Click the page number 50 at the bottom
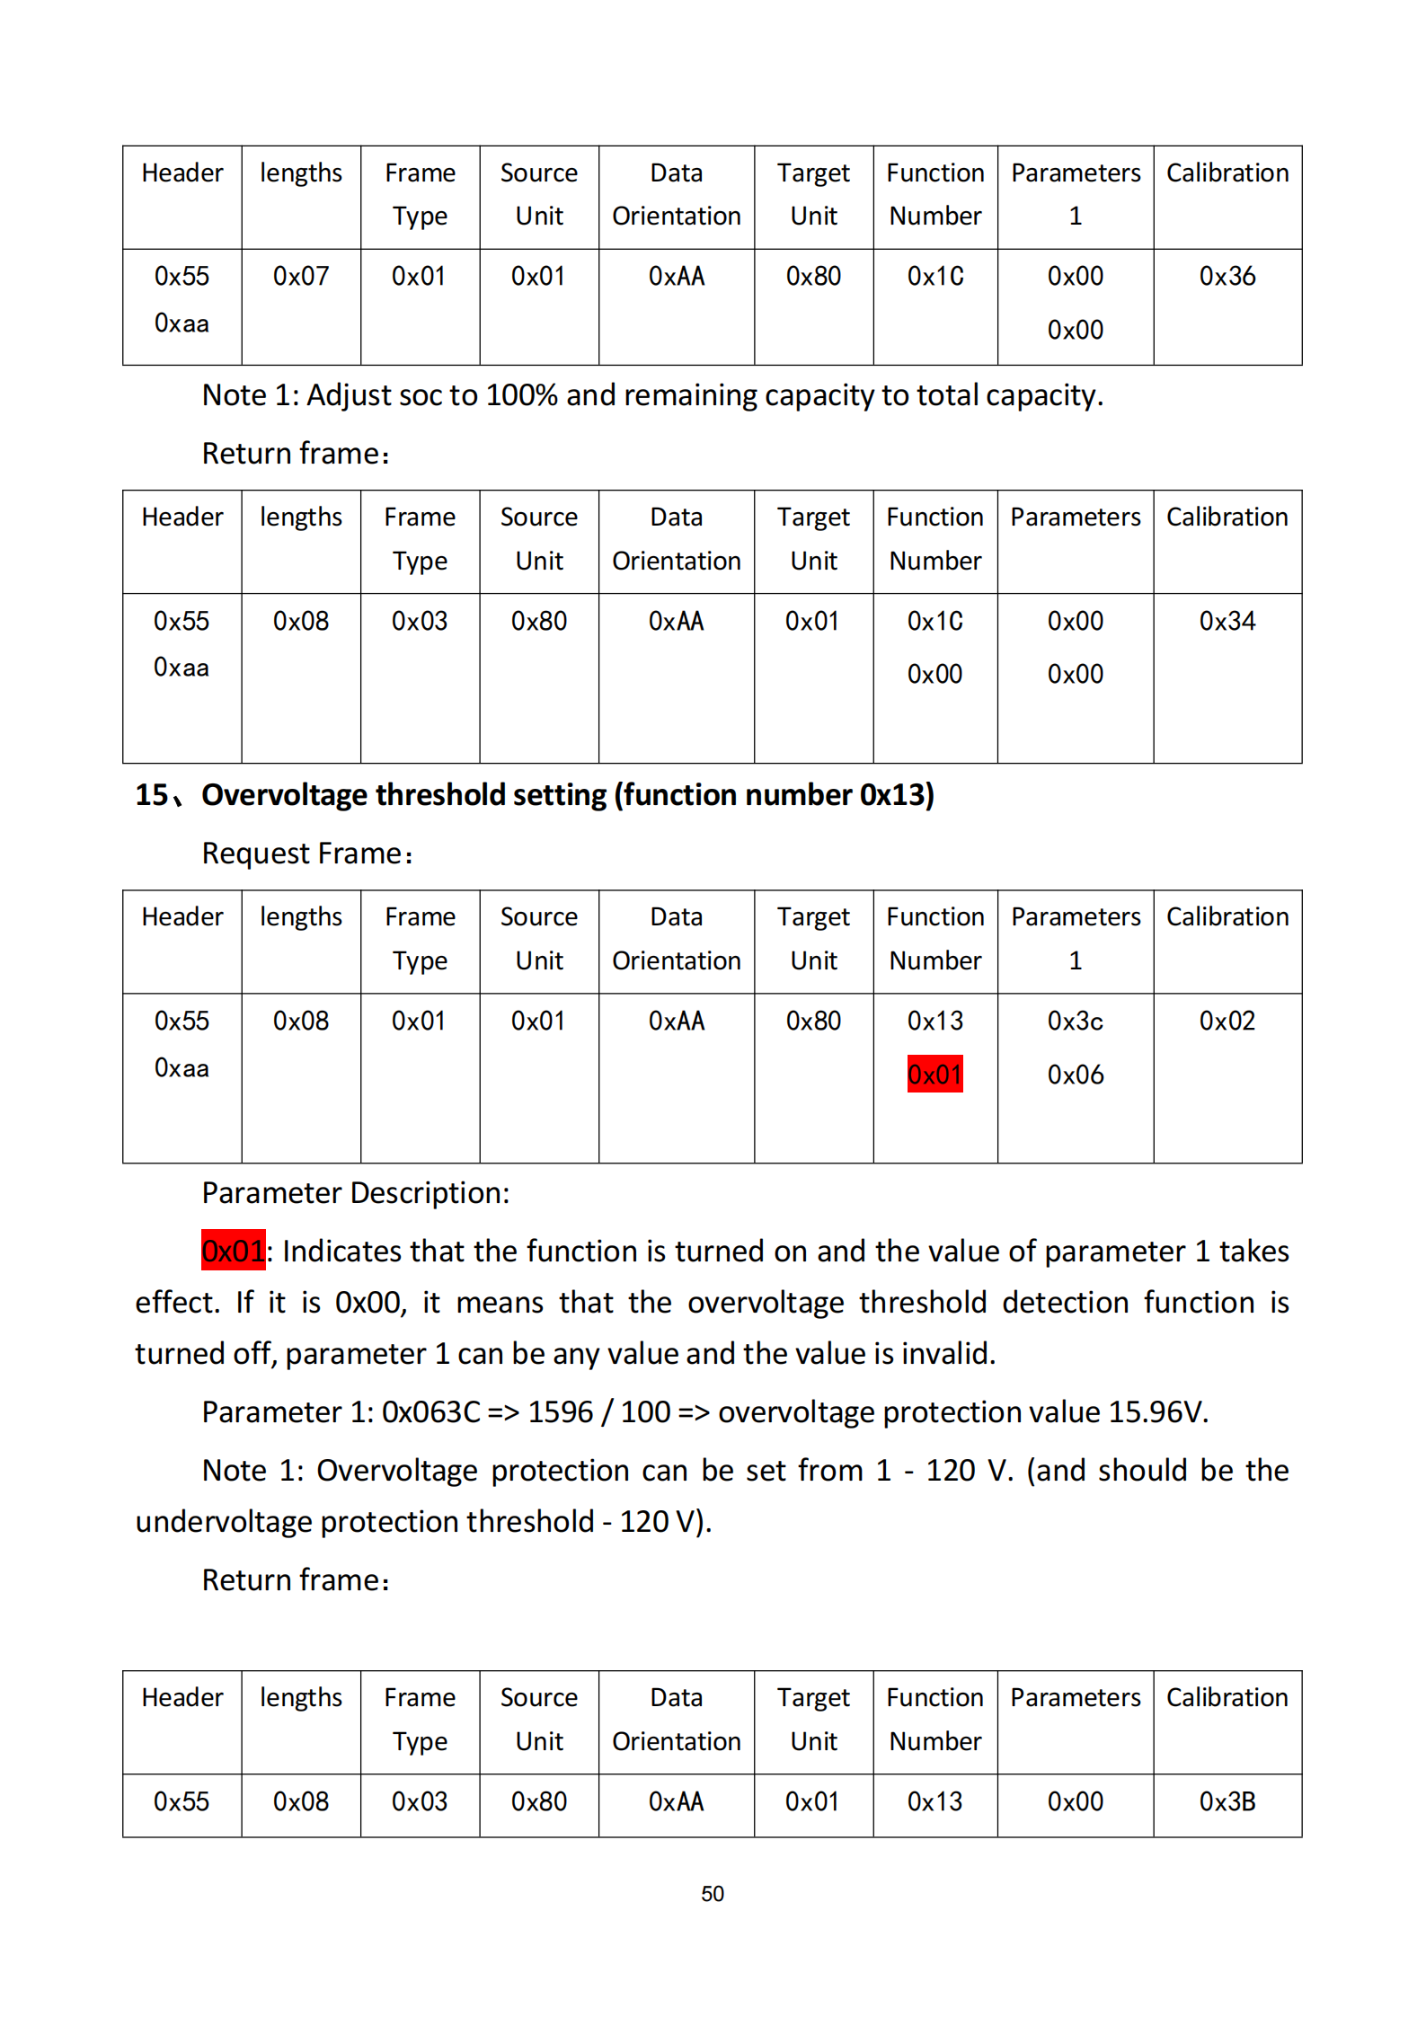point(712,1893)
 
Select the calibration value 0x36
point(1227,276)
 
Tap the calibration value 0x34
point(1227,621)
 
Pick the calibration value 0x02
point(1227,1021)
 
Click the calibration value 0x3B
point(1227,1801)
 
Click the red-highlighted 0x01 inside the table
point(934,1074)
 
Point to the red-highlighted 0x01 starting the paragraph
point(233,1250)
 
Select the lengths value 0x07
point(301,276)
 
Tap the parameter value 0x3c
point(1075,1021)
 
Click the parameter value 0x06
point(1075,1075)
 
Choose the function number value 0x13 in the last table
point(934,1801)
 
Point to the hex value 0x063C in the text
point(430,1411)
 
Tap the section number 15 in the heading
point(151,795)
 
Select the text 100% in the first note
point(521,395)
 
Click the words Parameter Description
point(355,1192)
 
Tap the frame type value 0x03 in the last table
point(420,1801)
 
